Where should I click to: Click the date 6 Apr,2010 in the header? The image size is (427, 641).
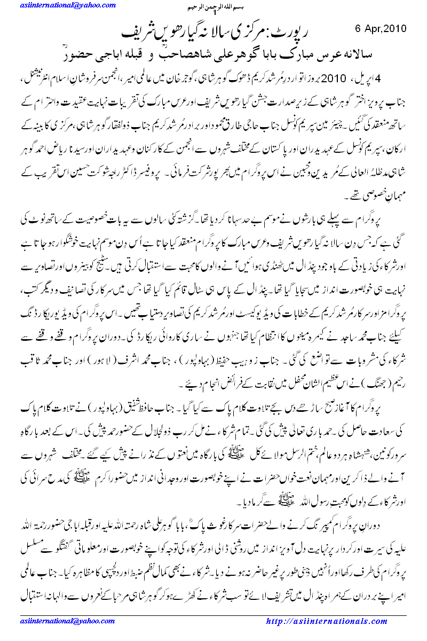(x=380, y=28)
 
